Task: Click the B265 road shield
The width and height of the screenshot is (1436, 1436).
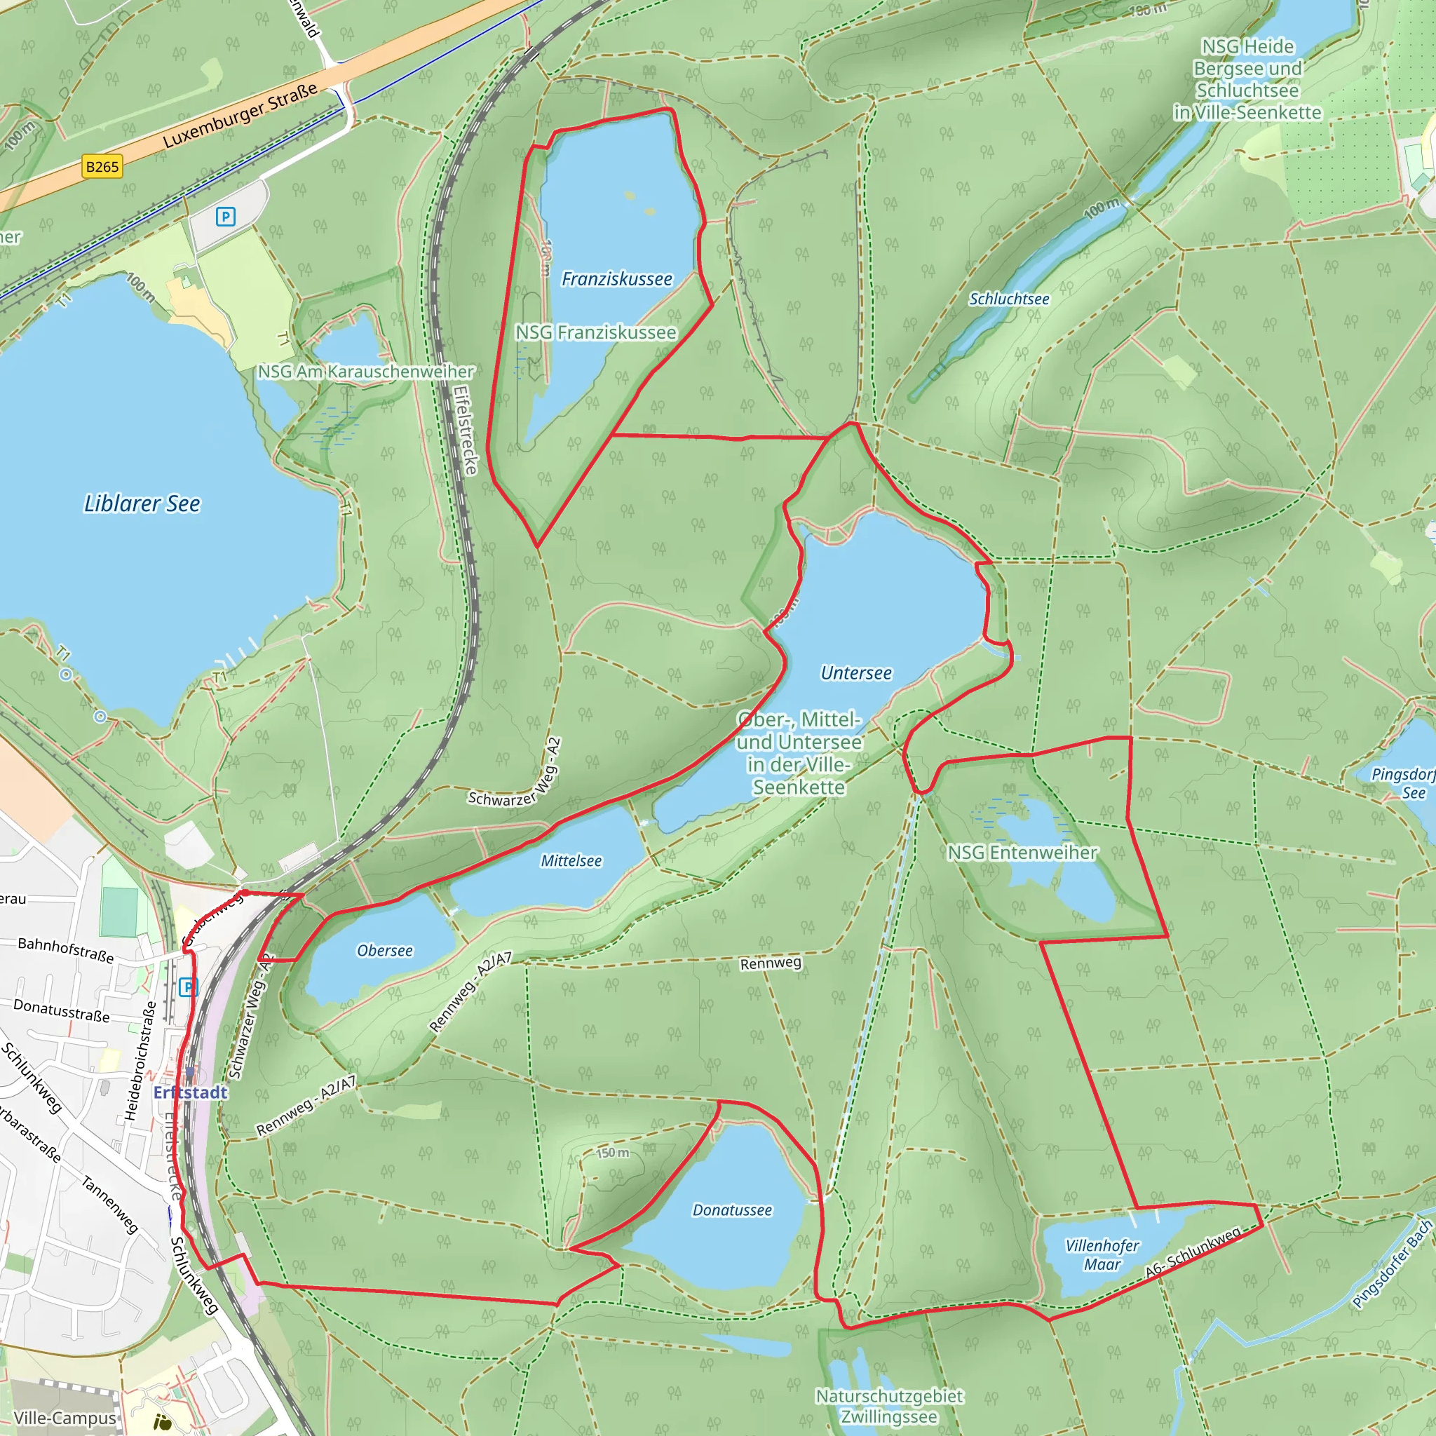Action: tap(102, 166)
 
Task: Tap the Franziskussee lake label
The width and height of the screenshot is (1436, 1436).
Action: tap(616, 279)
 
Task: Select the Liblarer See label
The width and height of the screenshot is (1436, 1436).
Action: tap(142, 503)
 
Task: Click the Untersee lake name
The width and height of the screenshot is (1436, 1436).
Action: tap(855, 672)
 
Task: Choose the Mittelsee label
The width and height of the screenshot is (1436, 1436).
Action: tap(571, 861)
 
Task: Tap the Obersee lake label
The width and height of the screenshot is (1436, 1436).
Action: tap(384, 951)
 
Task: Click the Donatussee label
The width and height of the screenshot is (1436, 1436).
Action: tap(732, 1210)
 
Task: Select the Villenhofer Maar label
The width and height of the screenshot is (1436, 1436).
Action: tap(1102, 1254)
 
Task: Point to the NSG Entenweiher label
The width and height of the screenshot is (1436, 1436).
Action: tap(1022, 853)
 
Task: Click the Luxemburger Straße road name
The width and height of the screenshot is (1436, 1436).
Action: tap(240, 115)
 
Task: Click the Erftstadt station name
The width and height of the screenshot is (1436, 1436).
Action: tap(190, 1092)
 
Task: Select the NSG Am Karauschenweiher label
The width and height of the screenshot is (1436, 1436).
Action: tap(366, 371)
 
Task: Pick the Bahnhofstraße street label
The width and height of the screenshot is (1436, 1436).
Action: tap(66, 950)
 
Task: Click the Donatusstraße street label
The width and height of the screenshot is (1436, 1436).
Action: tap(62, 1011)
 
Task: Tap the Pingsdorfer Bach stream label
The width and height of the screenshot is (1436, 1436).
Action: tap(1391, 1264)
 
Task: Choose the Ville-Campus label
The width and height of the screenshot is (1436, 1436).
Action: tap(65, 1418)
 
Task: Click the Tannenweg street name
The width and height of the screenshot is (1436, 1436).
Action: tap(109, 1204)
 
